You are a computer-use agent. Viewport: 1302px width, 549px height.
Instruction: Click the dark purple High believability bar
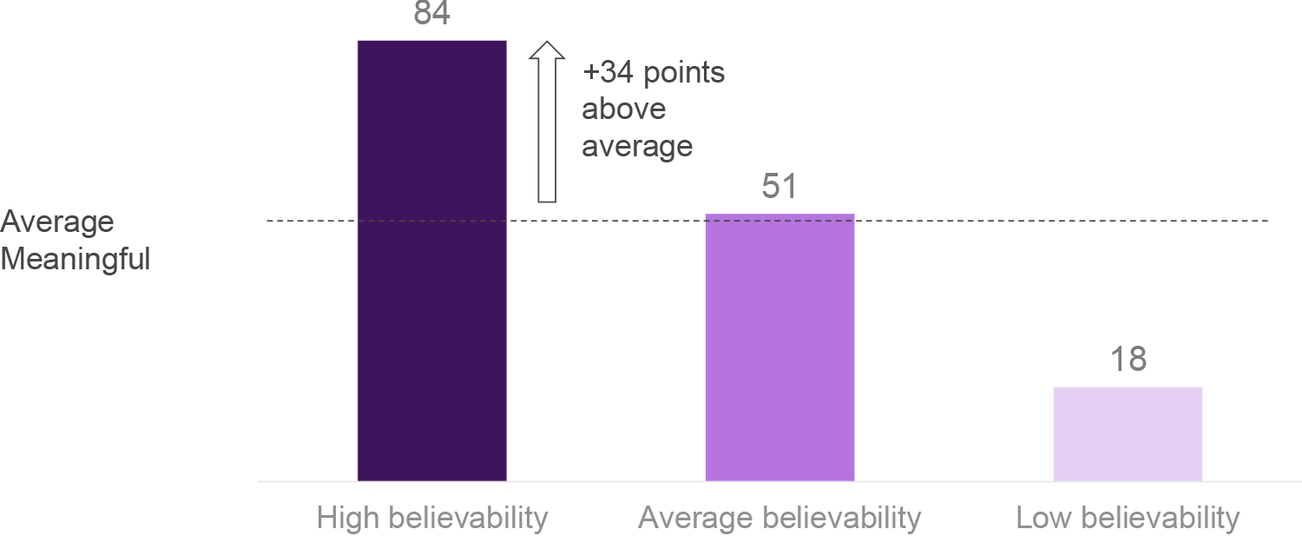(431, 261)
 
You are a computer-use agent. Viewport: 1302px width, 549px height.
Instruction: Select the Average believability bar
(779, 347)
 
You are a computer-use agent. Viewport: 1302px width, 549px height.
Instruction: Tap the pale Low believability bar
(1128, 433)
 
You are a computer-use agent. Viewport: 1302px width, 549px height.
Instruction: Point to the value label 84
(431, 14)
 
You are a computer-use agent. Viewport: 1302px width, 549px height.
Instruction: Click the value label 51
(779, 187)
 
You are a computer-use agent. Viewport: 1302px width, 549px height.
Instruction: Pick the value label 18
(1128, 360)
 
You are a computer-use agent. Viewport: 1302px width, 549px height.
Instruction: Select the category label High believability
(432, 519)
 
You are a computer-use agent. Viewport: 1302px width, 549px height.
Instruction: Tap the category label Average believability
(779, 519)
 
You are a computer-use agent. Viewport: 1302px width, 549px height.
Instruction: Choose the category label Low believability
(1128, 519)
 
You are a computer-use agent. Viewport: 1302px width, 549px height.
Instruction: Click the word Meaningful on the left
(76, 259)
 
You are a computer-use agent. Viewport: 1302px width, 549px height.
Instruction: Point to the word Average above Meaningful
(57, 222)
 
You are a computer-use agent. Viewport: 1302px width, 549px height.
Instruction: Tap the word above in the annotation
(623, 109)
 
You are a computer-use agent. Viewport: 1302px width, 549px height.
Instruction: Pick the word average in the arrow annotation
(637, 146)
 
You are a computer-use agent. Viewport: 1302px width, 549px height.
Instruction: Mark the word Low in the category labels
(1041, 519)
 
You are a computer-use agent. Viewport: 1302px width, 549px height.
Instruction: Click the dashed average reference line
(1042, 222)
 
